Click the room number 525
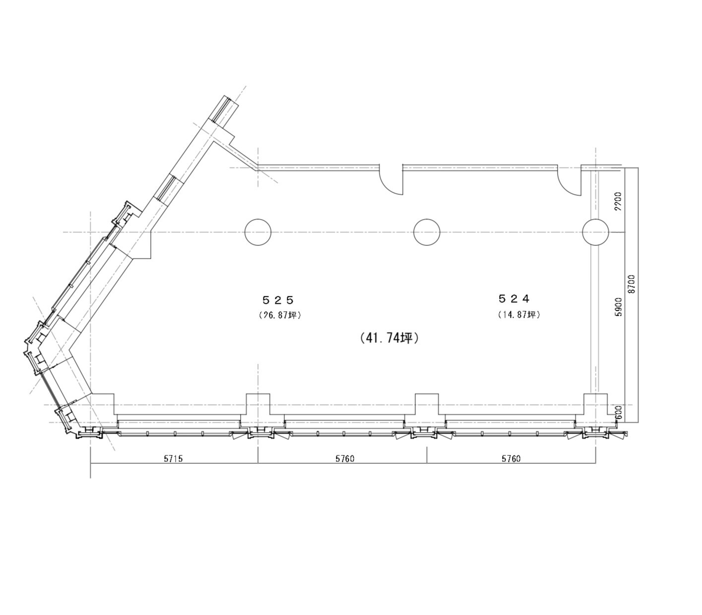click(x=278, y=299)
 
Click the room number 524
click(x=514, y=298)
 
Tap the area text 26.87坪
click(x=280, y=315)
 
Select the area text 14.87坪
click(x=519, y=315)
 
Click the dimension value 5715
click(x=173, y=458)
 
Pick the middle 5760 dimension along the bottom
click(x=345, y=458)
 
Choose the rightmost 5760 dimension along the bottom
click(x=511, y=458)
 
